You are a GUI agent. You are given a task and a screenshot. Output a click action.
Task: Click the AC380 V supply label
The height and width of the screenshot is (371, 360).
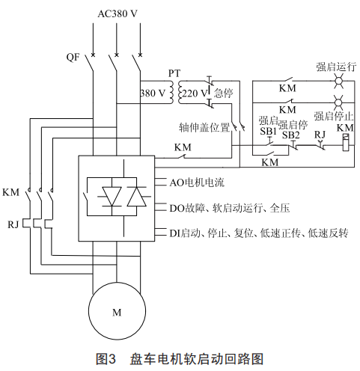point(118,13)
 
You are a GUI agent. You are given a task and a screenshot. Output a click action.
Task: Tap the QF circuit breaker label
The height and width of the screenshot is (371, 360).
point(73,58)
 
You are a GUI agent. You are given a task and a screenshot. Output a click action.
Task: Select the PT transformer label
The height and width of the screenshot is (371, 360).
point(174,73)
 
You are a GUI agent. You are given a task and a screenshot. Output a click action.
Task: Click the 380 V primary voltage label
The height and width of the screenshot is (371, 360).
point(153,93)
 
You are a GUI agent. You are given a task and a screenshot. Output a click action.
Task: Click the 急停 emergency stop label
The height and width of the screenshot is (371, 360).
point(223,93)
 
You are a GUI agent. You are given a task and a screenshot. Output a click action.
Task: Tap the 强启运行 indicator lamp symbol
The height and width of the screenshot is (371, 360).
point(338,81)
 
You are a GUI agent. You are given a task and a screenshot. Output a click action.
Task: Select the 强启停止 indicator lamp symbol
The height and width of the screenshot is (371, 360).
point(338,102)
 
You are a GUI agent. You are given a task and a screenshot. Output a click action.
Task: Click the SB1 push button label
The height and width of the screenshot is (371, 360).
point(268,131)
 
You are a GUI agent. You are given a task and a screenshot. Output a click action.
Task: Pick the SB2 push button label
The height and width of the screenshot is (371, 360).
point(290,135)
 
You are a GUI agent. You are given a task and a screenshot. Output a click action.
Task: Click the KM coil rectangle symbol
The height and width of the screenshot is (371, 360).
point(346,142)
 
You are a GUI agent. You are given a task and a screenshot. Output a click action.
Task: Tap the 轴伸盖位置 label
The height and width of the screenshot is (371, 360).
point(204,128)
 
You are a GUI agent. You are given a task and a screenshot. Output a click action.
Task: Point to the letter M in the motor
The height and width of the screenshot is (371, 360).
point(117,313)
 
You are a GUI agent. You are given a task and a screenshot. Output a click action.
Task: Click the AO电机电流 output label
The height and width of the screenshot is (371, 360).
point(197,183)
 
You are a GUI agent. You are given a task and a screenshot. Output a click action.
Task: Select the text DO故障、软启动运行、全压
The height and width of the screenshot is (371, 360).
point(230,208)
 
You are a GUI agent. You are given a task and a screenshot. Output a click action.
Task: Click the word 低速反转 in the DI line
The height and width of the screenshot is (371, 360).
point(328,233)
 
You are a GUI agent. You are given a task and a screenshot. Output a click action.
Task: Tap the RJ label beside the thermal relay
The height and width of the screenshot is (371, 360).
point(13,224)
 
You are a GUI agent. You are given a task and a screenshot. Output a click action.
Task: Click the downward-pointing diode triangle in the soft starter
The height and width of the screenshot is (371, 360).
point(112,197)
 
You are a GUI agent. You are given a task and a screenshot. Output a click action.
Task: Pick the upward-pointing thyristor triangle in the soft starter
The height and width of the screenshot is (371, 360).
point(137,197)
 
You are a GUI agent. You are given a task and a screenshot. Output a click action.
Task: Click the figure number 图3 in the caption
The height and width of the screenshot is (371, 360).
point(106,359)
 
